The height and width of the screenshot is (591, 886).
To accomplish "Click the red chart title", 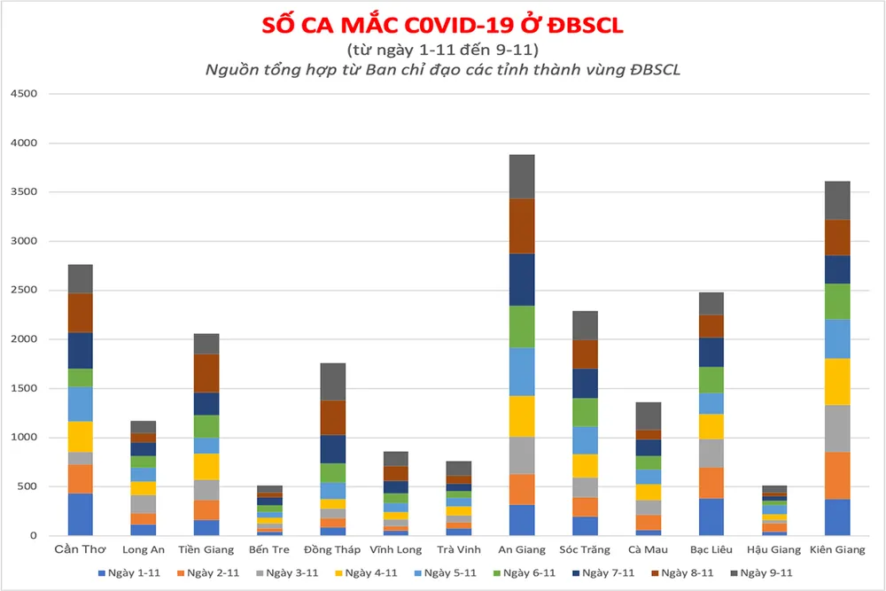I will [442, 25].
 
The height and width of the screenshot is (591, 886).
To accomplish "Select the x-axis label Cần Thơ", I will [80, 550].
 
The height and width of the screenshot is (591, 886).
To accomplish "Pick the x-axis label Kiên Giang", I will [837, 550].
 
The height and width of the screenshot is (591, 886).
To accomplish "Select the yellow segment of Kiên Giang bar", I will [837, 381].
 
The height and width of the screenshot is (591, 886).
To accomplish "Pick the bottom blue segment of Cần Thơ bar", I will [81, 514].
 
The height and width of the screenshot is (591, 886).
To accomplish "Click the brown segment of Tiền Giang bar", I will [206, 373].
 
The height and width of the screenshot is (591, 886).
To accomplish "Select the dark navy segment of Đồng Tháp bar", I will [333, 449].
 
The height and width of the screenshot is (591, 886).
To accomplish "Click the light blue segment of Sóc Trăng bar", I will [585, 440].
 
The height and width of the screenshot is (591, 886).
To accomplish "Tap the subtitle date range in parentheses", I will [442, 50].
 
